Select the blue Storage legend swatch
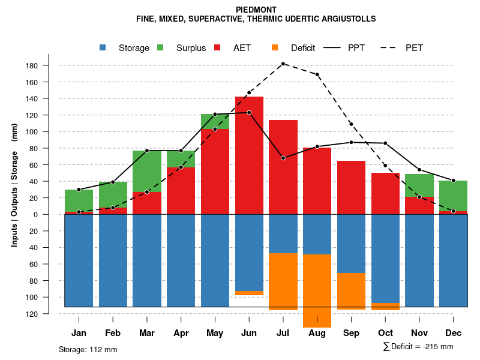pos(103,47)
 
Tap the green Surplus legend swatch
pos(160,47)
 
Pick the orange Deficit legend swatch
pos(275,47)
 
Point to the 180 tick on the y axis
pos(33,65)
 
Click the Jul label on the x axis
pos(283,333)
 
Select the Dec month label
pos(453,333)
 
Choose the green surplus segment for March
pos(147,171)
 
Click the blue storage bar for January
pos(79,260)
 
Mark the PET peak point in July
pos(283,64)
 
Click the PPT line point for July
pos(283,158)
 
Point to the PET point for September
pos(351,124)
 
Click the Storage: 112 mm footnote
pos(88,349)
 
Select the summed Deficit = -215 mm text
pos(418,347)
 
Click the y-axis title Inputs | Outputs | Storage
pos(14,185)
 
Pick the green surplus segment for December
pos(453,196)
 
